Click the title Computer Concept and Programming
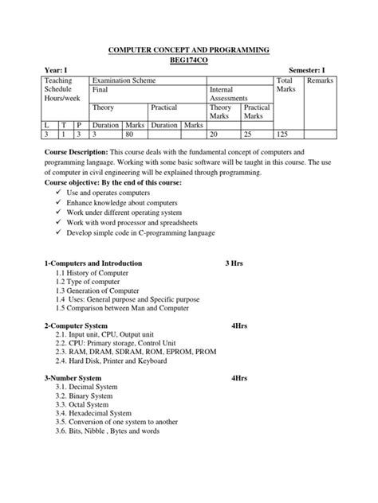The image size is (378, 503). point(189,49)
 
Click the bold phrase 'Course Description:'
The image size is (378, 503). point(73,151)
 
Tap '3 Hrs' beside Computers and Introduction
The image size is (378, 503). point(234,263)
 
